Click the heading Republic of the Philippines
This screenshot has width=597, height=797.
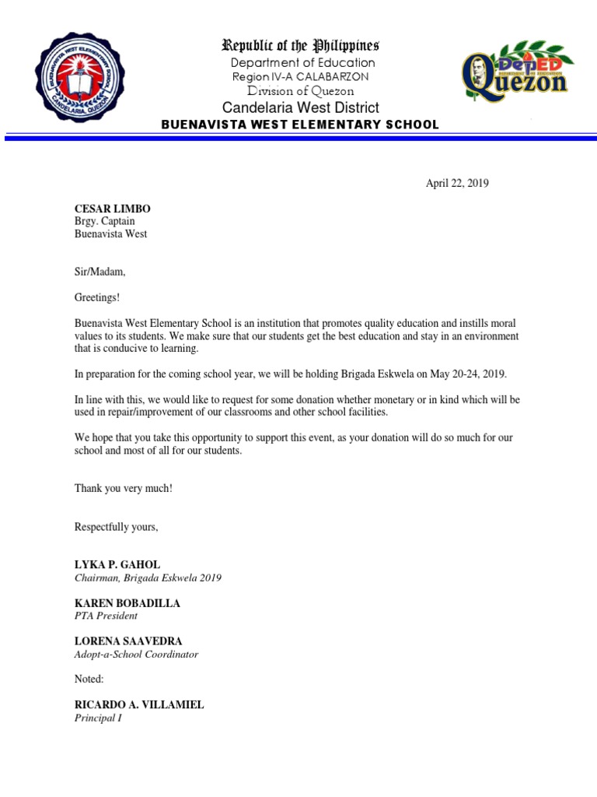(x=301, y=45)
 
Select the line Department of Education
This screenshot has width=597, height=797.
(x=302, y=62)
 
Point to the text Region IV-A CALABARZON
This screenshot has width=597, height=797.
(x=300, y=77)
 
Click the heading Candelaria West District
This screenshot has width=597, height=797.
(x=301, y=107)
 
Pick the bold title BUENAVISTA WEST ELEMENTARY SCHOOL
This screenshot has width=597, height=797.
(x=300, y=125)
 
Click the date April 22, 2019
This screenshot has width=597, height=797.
(x=457, y=184)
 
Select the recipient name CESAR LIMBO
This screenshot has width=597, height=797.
(x=112, y=209)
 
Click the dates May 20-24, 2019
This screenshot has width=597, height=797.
(x=468, y=374)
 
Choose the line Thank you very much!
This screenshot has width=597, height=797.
(x=123, y=488)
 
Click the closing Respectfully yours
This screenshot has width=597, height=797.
(x=116, y=527)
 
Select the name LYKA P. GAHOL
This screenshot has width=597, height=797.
(x=117, y=564)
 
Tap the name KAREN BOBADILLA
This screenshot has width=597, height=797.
(x=127, y=603)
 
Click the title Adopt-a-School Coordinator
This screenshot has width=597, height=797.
(x=136, y=654)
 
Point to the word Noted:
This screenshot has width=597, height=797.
(x=89, y=679)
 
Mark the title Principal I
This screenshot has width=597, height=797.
(x=98, y=718)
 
